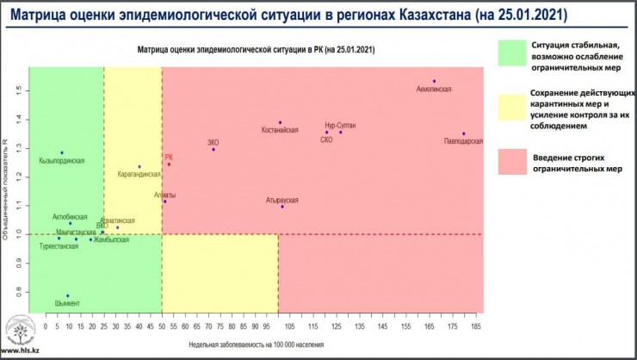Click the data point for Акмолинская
pyautogui.click(x=434, y=81)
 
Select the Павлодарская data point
pyautogui.click(x=463, y=133)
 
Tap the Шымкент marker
pyautogui.click(x=67, y=295)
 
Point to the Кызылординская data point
pyautogui.click(x=62, y=152)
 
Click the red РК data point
pyautogui.click(x=169, y=164)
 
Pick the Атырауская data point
pyautogui.click(x=281, y=207)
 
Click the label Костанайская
pyautogui.click(x=281, y=130)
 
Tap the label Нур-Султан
pyautogui.click(x=340, y=126)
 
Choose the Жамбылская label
pyautogui.click(x=111, y=239)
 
